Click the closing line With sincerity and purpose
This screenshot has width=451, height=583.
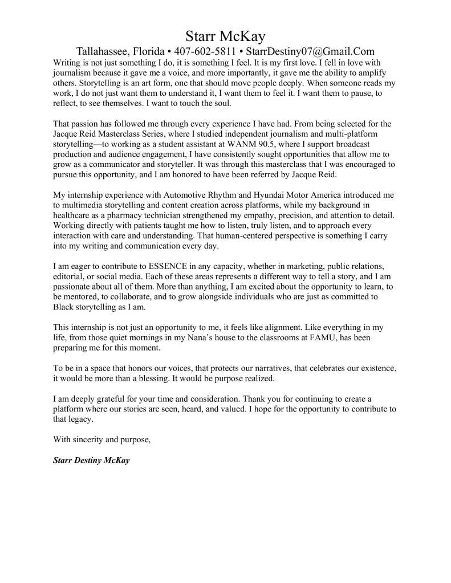pos(101,439)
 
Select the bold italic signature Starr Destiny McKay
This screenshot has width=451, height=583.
pos(91,460)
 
